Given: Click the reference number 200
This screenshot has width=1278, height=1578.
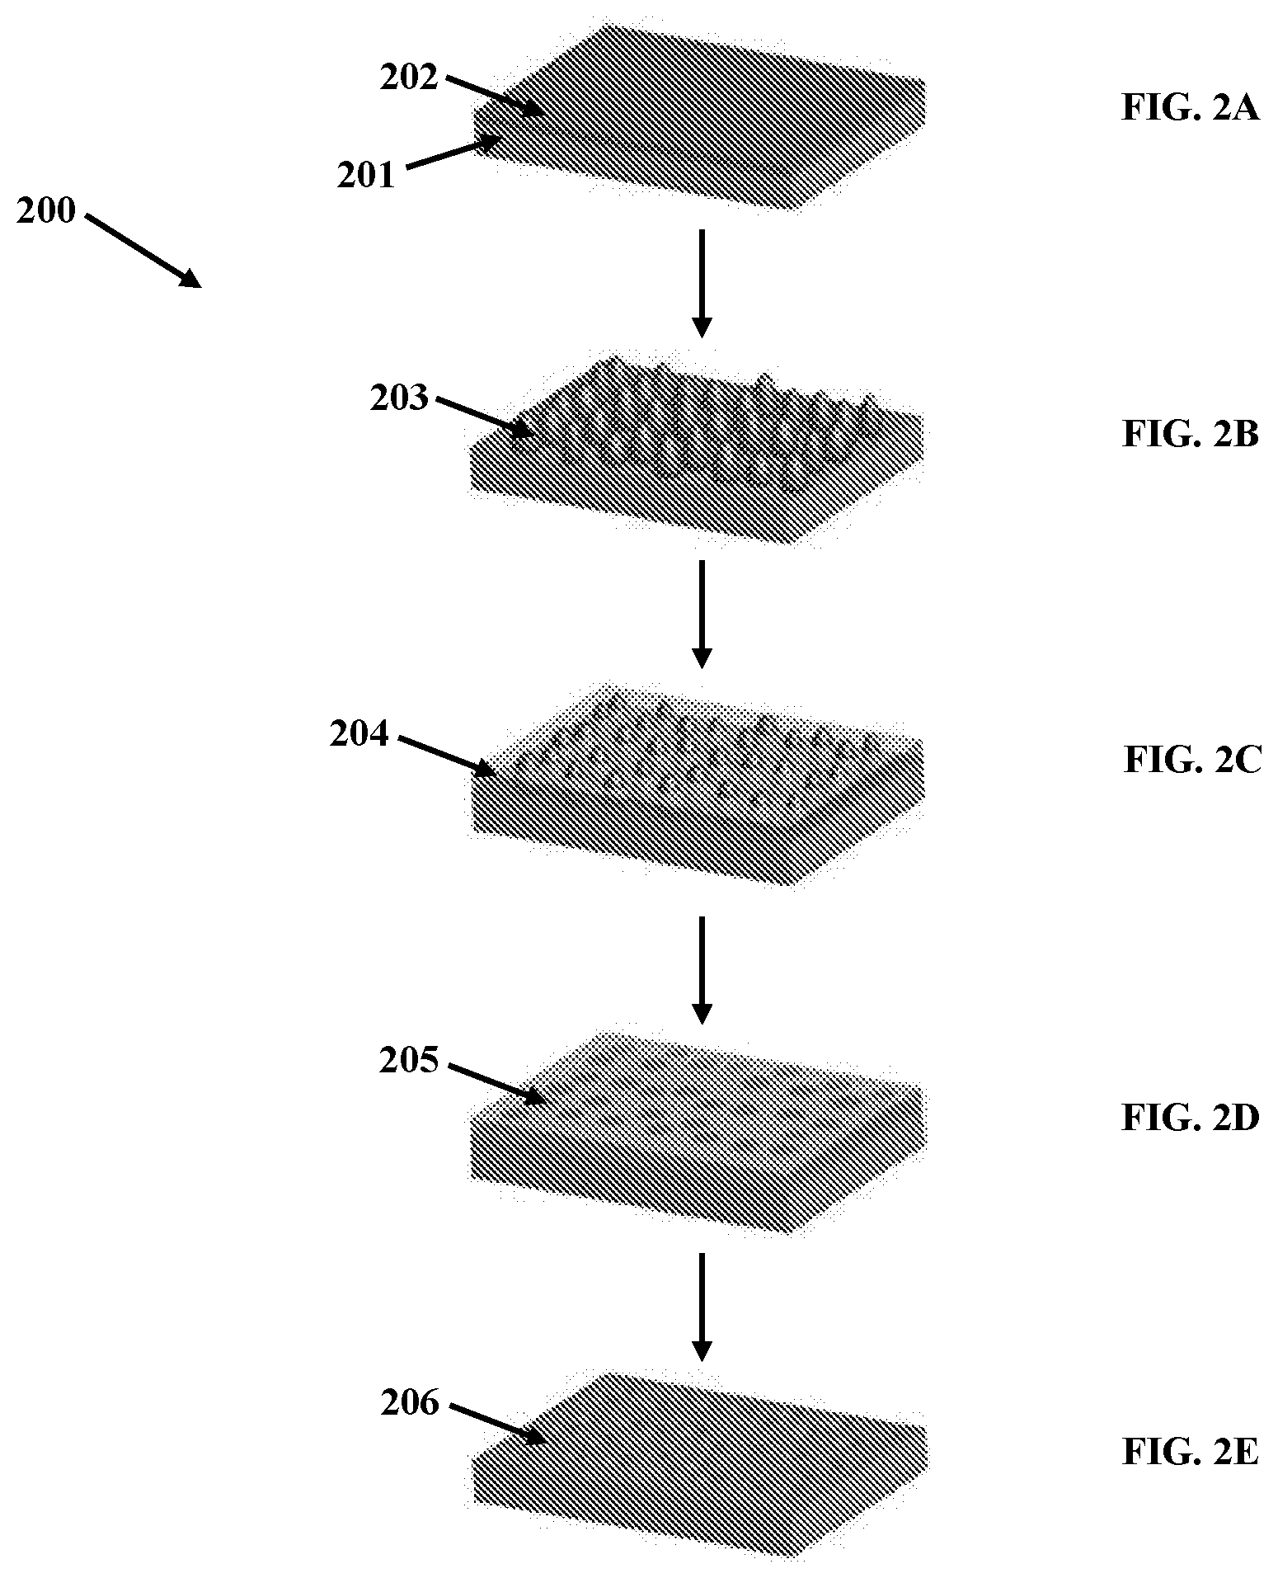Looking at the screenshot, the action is (46, 211).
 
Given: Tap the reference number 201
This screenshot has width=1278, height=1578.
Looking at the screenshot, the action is (366, 174).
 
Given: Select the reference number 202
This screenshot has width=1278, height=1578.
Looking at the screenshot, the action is (408, 78).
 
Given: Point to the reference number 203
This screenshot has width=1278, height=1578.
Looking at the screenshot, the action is (399, 398).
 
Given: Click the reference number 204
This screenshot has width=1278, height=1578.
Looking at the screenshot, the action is (359, 733).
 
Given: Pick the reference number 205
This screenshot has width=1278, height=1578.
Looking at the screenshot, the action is (409, 1061).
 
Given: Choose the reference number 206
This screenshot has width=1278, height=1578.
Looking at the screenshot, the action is (410, 1402).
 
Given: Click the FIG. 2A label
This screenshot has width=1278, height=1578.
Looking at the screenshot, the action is (1191, 108).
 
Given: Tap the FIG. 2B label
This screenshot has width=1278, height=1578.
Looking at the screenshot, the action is (1191, 434).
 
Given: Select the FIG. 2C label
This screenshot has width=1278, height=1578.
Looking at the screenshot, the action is (1192, 761).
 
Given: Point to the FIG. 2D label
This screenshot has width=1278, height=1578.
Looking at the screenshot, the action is (1191, 1118).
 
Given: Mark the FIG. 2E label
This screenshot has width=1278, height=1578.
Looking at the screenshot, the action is (1191, 1452).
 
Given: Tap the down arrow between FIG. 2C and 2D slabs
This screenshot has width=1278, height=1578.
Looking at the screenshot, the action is (701, 969).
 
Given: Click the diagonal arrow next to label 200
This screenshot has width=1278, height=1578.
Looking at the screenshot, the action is (143, 251).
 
